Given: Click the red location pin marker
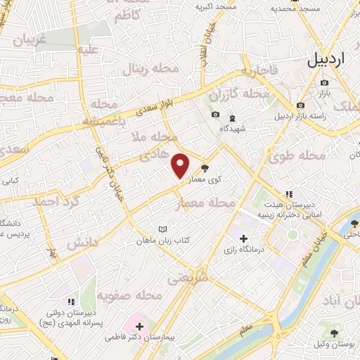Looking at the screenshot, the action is (x=181, y=165).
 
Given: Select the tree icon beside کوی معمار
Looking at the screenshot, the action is (x=205, y=168).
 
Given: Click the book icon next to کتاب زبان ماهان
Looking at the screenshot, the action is (x=164, y=229).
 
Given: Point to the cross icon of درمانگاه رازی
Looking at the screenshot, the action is (x=243, y=238).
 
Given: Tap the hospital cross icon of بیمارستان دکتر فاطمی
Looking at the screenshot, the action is (x=140, y=326).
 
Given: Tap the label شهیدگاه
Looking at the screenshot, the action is (x=233, y=129).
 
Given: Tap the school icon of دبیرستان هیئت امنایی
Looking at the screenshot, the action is (x=287, y=194).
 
